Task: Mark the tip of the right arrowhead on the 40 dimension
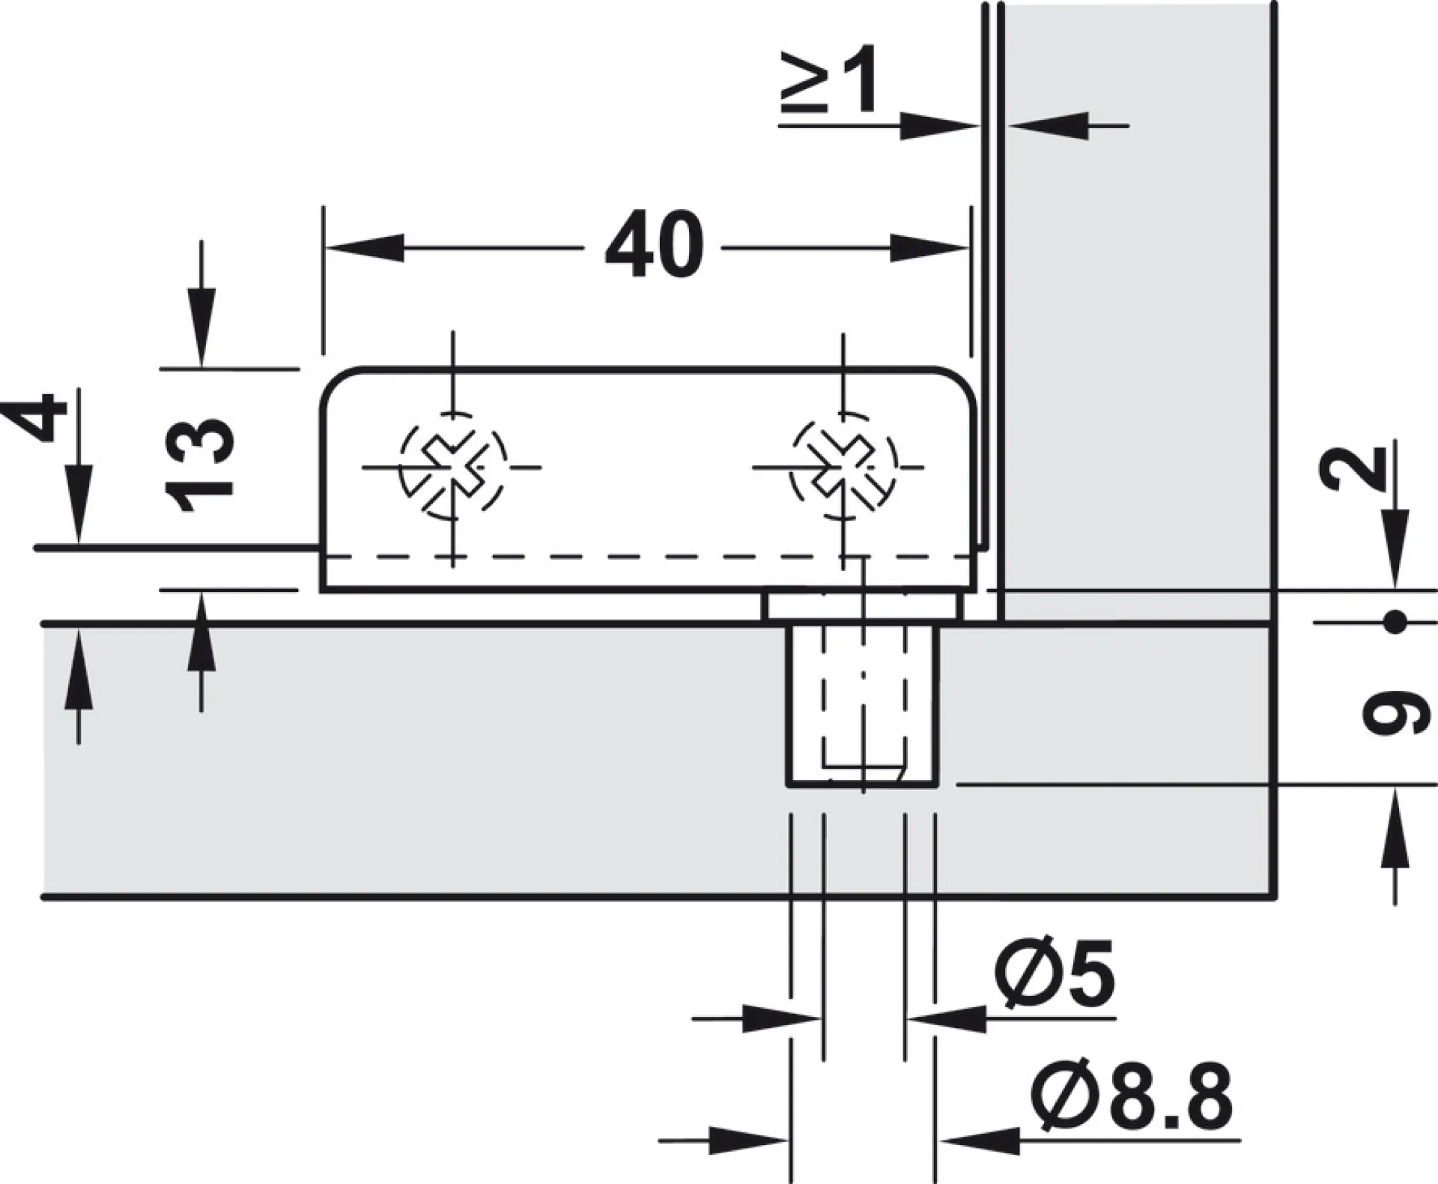[x=969, y=247]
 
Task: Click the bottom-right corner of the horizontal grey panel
[x=1274, y=896]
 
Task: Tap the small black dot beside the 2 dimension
[x=1394, y=622]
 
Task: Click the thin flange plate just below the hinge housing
[x=863, y=606]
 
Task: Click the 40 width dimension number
[x=654, y=245]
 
